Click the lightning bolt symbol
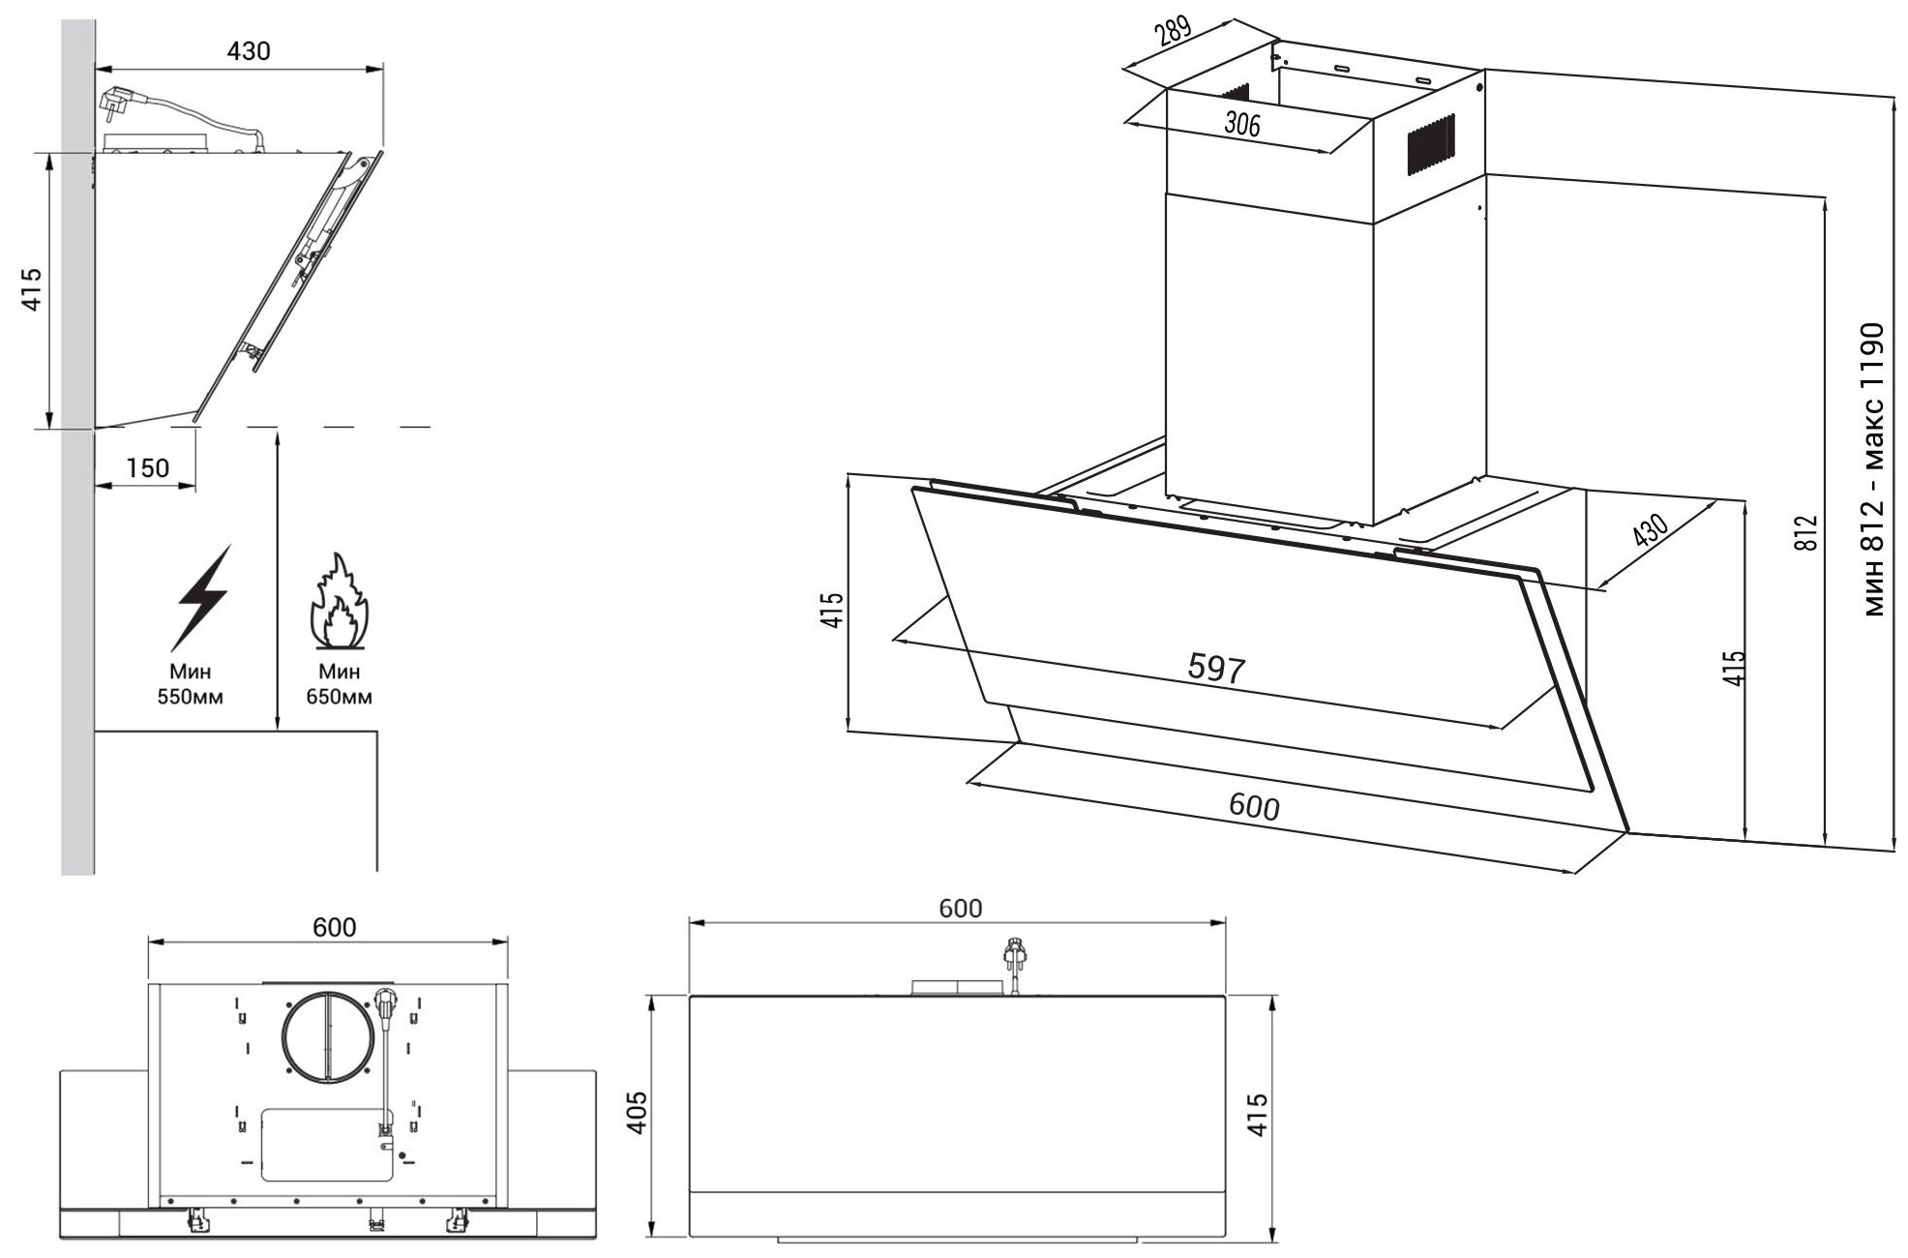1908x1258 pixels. (203, 595)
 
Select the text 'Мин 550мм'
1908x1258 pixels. (191, 683)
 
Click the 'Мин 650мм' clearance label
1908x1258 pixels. (339, 683)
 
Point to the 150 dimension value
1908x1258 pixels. (148, 468)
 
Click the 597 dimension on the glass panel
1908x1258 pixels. (1215, 669)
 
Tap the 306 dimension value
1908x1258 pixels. (1241, 123)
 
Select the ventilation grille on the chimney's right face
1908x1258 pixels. (1430, 145)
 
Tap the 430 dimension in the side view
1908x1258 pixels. (249, 51)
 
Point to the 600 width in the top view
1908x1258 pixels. (335, 927)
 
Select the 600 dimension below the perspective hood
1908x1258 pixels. (1254, 806)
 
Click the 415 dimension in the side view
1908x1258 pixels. (33, 288)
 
